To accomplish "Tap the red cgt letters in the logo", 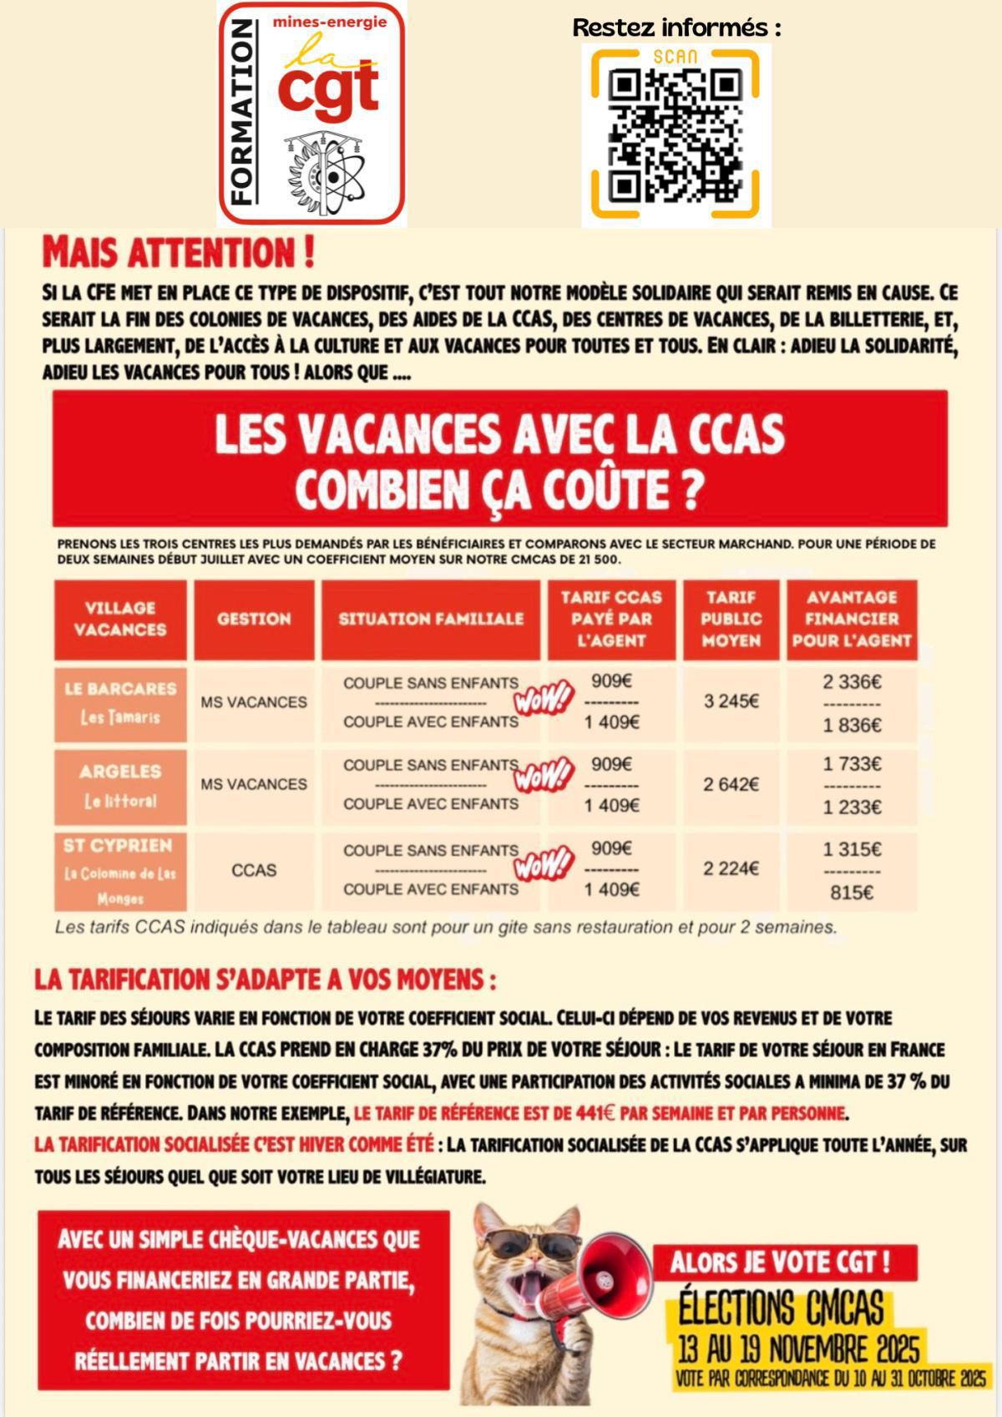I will (328, 89).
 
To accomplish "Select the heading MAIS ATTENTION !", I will (178, 253).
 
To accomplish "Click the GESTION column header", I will (254, 619).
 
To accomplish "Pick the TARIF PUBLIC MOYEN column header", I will (731, 619).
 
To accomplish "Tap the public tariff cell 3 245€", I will (731, 701).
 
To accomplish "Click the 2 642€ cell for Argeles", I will (731, 784).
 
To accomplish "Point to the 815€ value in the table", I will (851, 893).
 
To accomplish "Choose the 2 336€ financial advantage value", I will (851, 681).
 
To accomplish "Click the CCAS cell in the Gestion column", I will (254, 870).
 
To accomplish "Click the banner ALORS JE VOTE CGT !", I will (780, 1262).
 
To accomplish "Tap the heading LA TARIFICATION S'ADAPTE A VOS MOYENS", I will (265, 979).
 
